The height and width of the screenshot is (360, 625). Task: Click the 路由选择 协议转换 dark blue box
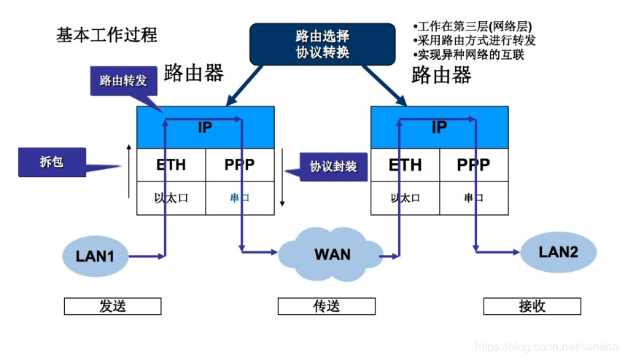[322, 44]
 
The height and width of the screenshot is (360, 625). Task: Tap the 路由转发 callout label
[123, 81]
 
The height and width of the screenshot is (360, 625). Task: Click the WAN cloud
[332, 254]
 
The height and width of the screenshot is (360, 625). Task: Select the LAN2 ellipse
[558, 252]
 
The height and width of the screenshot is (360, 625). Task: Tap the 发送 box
[112, 306]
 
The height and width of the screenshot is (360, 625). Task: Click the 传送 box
[326, 306]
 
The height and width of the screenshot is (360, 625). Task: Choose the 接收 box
[532, 306]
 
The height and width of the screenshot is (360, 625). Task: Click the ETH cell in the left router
[171, 165]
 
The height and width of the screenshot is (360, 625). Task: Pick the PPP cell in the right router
[473, 165]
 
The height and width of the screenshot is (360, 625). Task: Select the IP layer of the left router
[206, 128]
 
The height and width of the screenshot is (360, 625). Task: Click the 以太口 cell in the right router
[405, 198]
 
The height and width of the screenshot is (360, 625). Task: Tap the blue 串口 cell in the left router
[240, 198]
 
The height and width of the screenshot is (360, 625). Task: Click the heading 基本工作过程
[106, 35]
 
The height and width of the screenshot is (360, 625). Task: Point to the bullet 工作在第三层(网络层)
[472, 26]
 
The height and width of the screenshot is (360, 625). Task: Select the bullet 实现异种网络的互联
[468, 55]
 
